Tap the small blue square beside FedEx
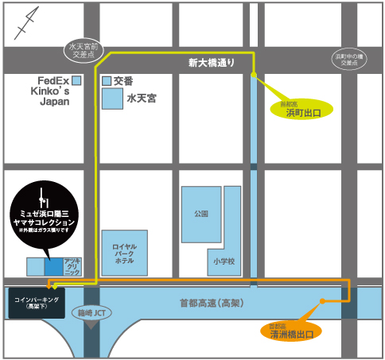coord(77,80)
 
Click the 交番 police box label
coord(123,80)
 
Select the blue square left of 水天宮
coord(112,99)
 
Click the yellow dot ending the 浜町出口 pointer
coord(254,75)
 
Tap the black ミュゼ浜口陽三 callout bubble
coord(45,211)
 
